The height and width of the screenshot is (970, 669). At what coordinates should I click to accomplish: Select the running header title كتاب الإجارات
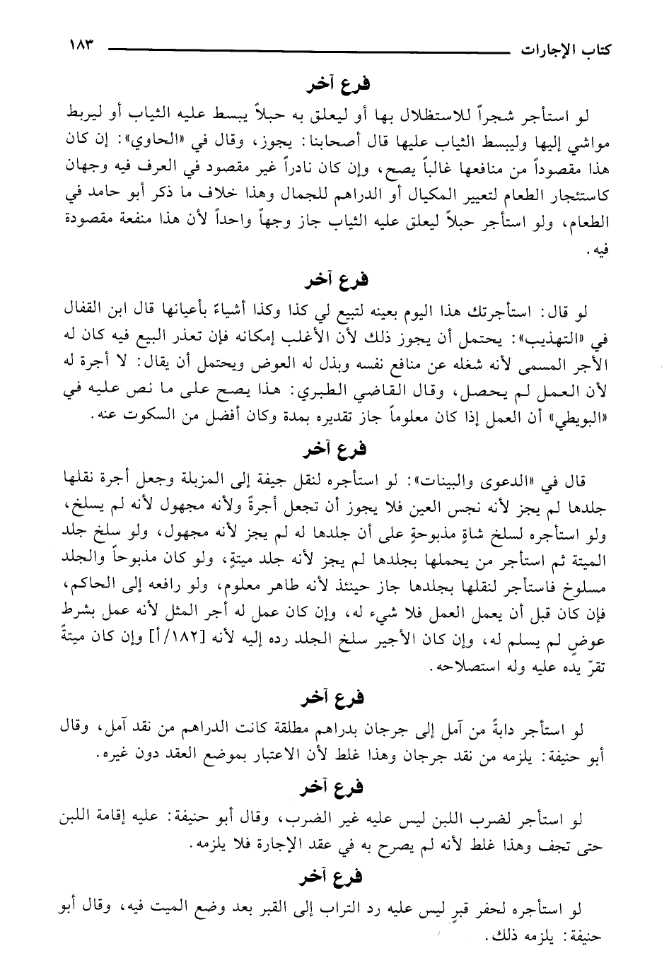[565, 52]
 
